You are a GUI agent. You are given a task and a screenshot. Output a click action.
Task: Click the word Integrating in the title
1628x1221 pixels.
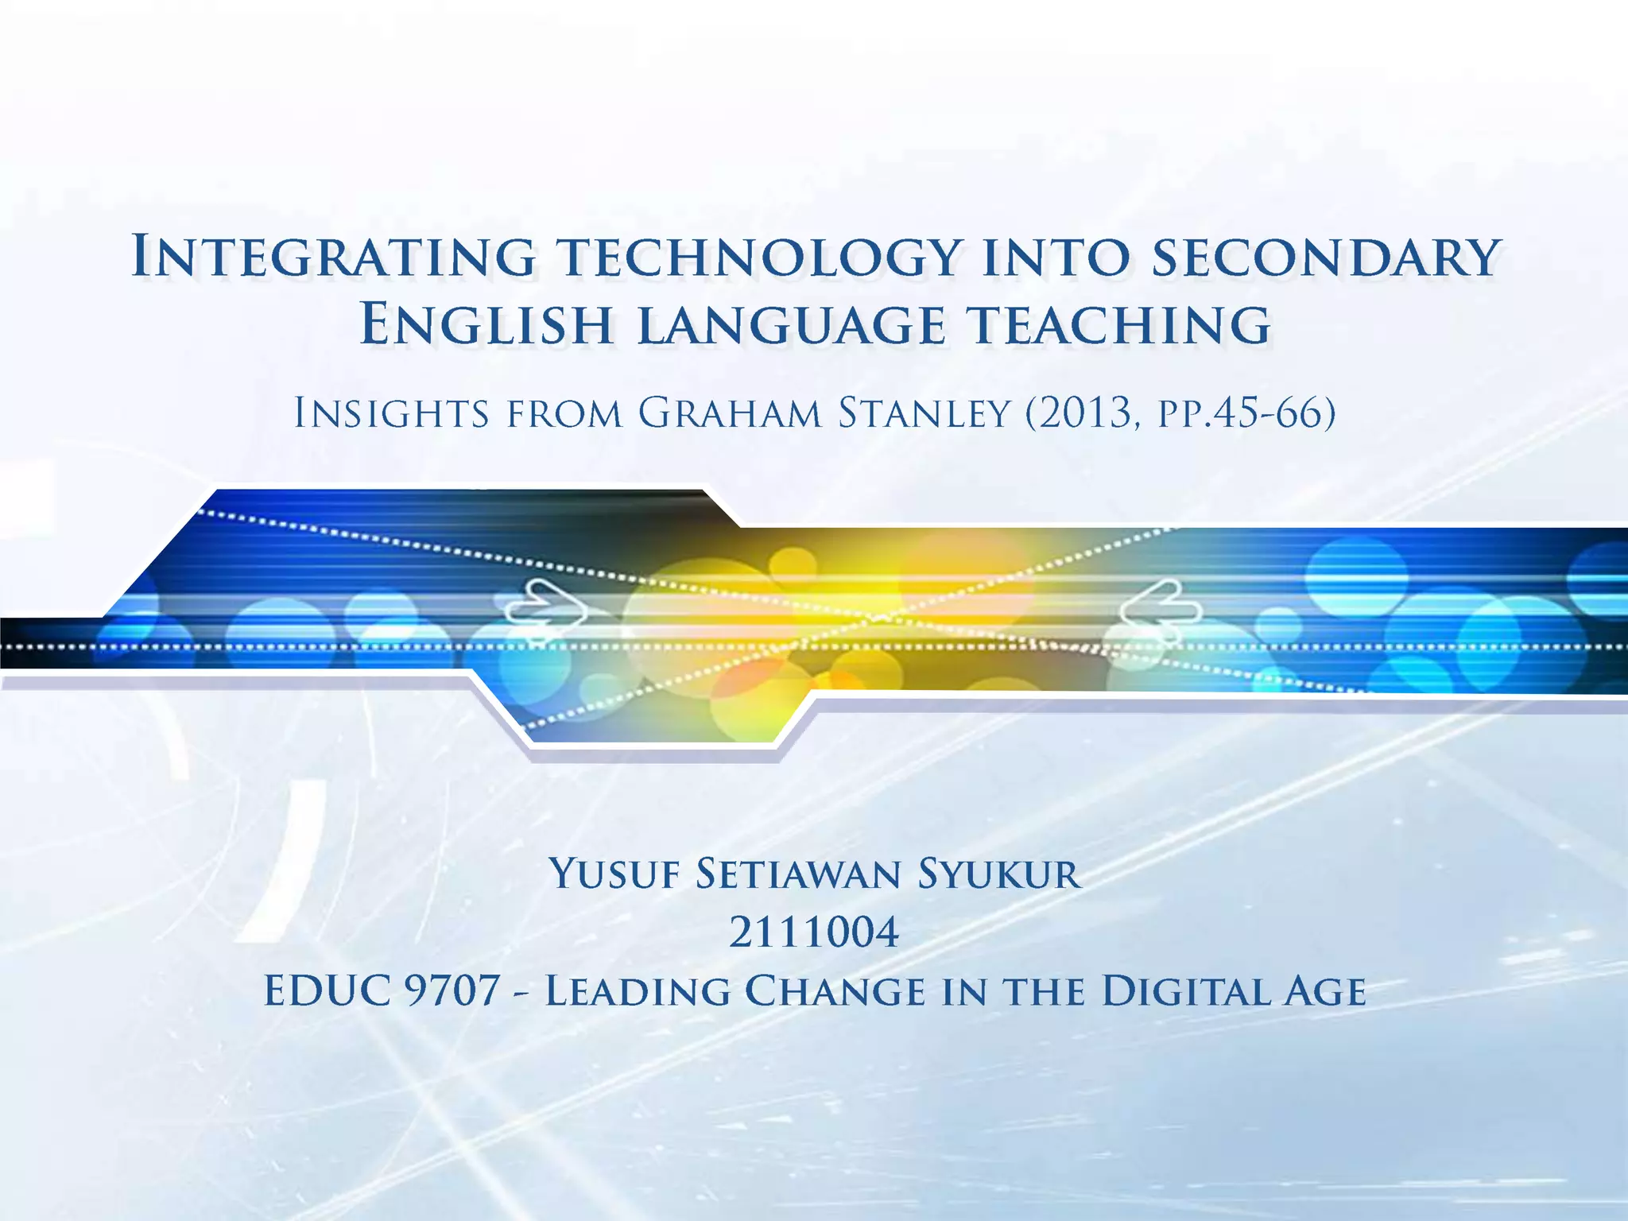333,257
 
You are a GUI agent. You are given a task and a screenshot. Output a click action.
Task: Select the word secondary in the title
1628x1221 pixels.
1326,257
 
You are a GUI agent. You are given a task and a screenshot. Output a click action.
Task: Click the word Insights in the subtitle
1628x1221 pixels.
391,413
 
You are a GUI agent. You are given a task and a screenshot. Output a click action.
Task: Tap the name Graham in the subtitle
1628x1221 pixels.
729,413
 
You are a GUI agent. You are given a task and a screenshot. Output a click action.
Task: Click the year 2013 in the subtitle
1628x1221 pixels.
1083,413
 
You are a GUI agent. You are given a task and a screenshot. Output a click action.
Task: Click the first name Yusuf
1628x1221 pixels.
614,874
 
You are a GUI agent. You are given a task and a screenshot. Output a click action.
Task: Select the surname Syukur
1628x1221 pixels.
998,874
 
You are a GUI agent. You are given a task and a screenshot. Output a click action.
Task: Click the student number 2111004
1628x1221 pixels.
814,932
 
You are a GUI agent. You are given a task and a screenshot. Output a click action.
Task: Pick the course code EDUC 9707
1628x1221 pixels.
382,991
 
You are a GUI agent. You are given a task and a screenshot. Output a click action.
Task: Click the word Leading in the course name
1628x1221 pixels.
637,991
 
